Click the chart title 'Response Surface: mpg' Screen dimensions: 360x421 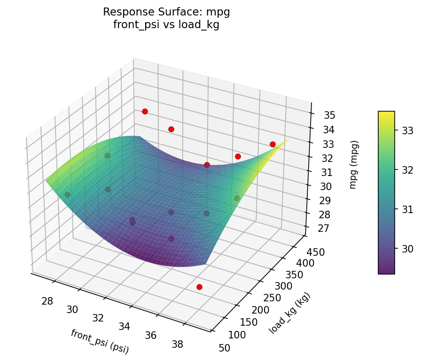[x=166, y=12]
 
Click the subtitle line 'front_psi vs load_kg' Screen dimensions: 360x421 [x=166, y=25]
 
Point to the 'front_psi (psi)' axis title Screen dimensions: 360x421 [x=100, y=341]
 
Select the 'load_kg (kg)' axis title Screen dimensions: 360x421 [x=290, y=313]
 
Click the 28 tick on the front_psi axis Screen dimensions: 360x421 [x=47, y=300]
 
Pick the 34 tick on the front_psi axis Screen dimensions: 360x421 [x=124, y=326]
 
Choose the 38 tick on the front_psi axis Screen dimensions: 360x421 [x=177, y=345]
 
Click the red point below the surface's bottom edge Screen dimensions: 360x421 [x=199, y=287]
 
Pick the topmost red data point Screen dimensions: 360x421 [x=145, y=111]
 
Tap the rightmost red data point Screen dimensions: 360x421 [x=273, y=144]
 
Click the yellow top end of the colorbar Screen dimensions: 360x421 [x=386, y=114]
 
